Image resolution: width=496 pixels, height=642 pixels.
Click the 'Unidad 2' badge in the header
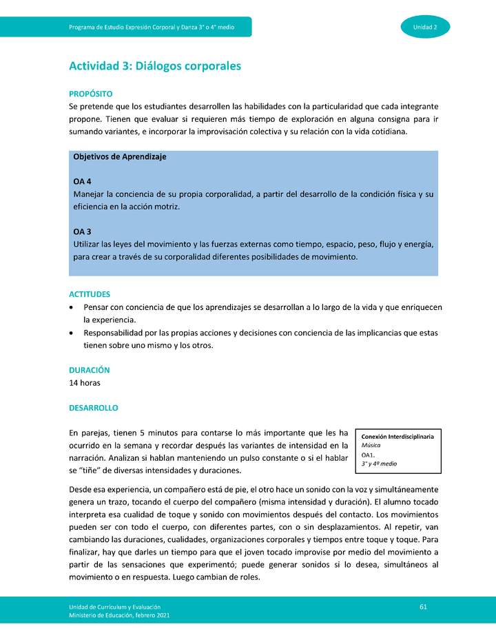[425, 27]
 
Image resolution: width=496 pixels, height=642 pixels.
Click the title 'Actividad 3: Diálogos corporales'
[155, 66]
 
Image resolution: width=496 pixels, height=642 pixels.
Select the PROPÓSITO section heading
[91, 94]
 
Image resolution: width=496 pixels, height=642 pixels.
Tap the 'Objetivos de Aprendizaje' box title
[120, 156]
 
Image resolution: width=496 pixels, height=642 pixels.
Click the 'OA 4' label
[82, 181]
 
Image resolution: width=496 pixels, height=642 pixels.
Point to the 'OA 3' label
[82, 231]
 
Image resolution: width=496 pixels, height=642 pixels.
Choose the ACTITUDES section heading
[90, 294]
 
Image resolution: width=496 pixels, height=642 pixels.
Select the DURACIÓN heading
[90, 370]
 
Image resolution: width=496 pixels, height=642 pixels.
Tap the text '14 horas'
[85, 383]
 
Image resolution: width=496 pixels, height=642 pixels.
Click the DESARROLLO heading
[94, 408]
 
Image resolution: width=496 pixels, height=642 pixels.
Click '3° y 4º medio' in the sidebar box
[379, 464]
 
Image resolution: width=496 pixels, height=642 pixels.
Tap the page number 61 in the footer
[423, 605]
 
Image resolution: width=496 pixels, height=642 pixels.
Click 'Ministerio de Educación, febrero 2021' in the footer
[119, 614]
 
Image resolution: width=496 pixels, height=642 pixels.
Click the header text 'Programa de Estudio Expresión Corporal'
[152, 27]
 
